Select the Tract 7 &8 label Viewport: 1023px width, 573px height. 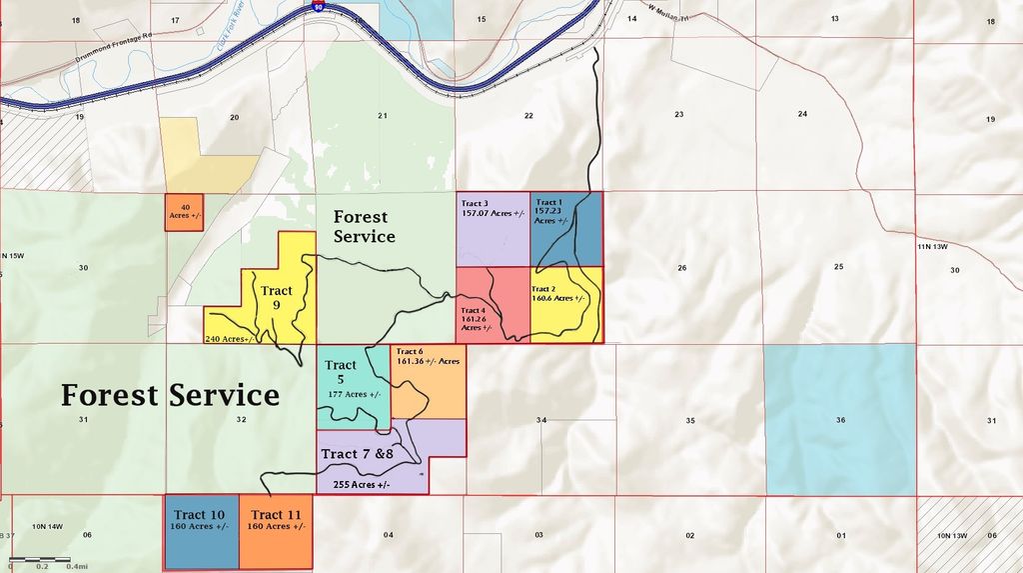tap(358, 454)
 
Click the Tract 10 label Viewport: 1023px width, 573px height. tap(201, 515)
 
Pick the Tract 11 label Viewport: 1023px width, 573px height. tap(275, 515)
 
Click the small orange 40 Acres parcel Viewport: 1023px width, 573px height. tap(186, 211)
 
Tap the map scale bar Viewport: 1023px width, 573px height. tap(39, 559)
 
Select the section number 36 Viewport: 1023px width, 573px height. tap(841, 420)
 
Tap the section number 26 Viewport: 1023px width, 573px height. tap(681, 268)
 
